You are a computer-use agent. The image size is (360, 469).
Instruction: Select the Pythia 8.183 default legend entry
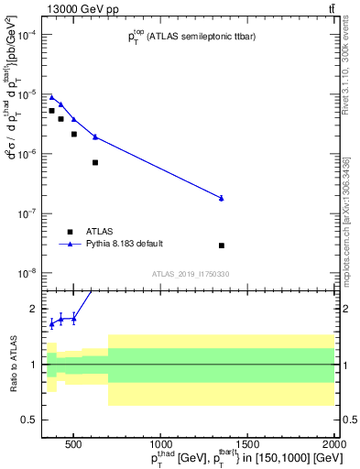(x=124, y=245)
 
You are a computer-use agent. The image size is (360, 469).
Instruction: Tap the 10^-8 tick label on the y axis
(x=27, y=273)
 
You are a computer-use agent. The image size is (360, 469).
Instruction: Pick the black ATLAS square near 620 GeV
(x=95, y=162)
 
